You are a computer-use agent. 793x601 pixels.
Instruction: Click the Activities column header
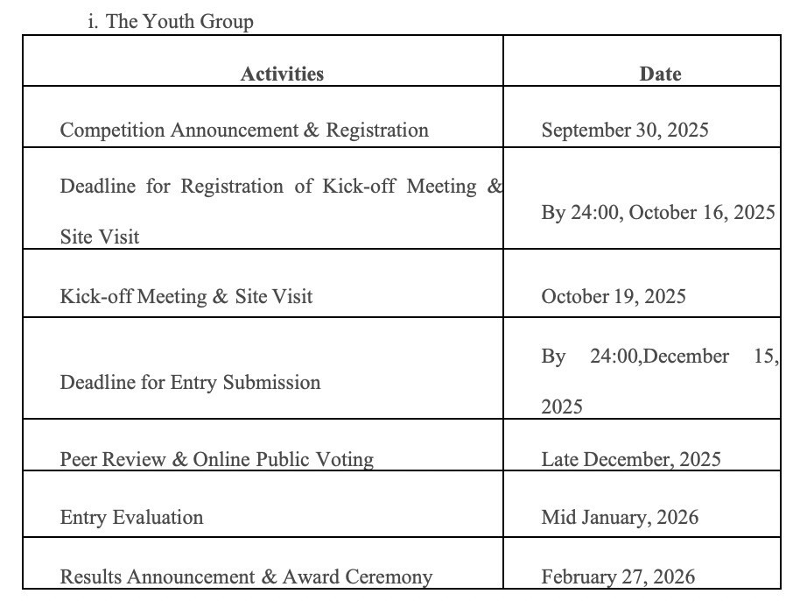click(282, 74)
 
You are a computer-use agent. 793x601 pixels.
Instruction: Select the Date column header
click(660, 74)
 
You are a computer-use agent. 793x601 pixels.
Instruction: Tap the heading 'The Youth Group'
click(179, 22)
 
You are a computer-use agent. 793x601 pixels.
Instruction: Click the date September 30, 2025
click(625, 131)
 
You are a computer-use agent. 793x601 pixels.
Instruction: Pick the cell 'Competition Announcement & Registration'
click(244, 131)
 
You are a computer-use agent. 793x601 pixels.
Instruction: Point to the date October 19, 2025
click(614, 296)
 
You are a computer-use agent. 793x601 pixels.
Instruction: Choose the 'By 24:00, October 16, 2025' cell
click(658, 213)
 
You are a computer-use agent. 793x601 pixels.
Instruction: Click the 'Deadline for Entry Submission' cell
click(190, 383)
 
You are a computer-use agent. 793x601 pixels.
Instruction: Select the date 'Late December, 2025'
click(631, 459)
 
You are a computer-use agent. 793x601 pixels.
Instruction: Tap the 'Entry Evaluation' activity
click(131, 518)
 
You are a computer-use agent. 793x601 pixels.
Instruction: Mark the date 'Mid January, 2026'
click(620, 518)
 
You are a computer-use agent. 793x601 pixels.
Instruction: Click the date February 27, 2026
click(618, 576)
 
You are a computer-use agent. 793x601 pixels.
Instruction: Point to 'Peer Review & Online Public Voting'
click(216, 459)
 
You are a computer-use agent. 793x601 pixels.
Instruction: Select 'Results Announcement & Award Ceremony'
click(246, 576)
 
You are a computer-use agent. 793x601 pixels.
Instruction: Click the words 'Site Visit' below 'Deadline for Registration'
click(100, 237)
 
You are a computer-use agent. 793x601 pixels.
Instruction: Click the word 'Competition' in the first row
click(112, 131)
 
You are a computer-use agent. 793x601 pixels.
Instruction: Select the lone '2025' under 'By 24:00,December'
click(562, 407)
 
